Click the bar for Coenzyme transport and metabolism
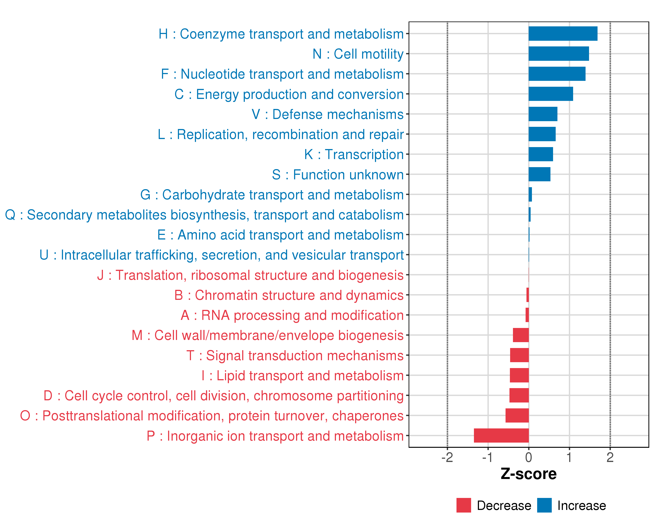(x=563, y=34)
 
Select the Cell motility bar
(x=559, y=54)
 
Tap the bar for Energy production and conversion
(x=551, y=94)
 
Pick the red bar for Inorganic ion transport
(x=501, y=435)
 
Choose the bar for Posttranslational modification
(x=517, y=415)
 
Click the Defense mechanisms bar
(x=543, y=114)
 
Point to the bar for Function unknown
(x=539, y=174)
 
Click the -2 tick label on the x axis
(x=447, y=457)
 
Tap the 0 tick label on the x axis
(x=528, y=457)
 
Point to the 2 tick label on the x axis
(x=610, y=457)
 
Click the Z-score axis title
(x=528, y=474)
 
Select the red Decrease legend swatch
(x=463, y=505)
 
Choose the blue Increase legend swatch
(x=544, y=505)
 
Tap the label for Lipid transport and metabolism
(x=302, y=376)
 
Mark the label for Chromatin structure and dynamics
(x=289, y=295)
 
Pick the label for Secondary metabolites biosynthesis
(x=204, y=215)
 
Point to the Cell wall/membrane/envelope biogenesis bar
(x=521, y=335)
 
